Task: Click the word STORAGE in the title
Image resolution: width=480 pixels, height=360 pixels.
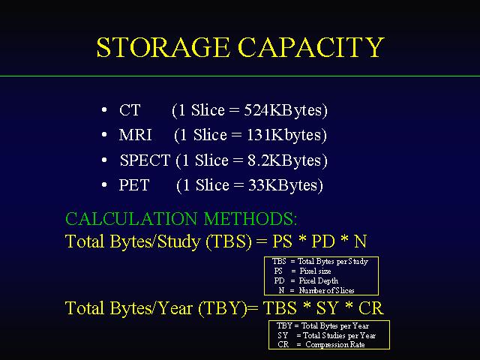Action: [x=163, y=47]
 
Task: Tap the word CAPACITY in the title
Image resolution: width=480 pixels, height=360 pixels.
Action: [x=311, y=47]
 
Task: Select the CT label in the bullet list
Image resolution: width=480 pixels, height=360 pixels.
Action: [x=130, y=110]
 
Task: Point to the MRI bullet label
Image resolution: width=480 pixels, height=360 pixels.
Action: [x=135, y=135]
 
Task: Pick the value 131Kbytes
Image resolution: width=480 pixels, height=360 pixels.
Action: [x=284, y=135]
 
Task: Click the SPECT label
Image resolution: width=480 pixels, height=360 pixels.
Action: [x=145, y=160]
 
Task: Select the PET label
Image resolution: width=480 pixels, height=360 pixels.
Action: [x=134, y=185]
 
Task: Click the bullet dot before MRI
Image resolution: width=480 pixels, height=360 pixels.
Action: [x=104, y=134]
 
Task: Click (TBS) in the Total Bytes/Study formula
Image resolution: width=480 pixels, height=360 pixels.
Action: [x=229, y=241]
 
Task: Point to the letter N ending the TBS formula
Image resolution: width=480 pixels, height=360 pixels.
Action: [x=360, y=241]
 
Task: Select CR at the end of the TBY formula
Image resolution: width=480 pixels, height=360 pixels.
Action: [x=370, y=308]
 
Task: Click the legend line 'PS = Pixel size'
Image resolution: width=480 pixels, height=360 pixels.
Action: [x=302, y=271]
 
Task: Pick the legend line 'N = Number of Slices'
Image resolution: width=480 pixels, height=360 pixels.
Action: [x=316, y=290]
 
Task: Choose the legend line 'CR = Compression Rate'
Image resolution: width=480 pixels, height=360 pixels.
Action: [x=321, y=345]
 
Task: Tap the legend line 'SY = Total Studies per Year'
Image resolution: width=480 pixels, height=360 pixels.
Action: [x=327, y=335]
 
